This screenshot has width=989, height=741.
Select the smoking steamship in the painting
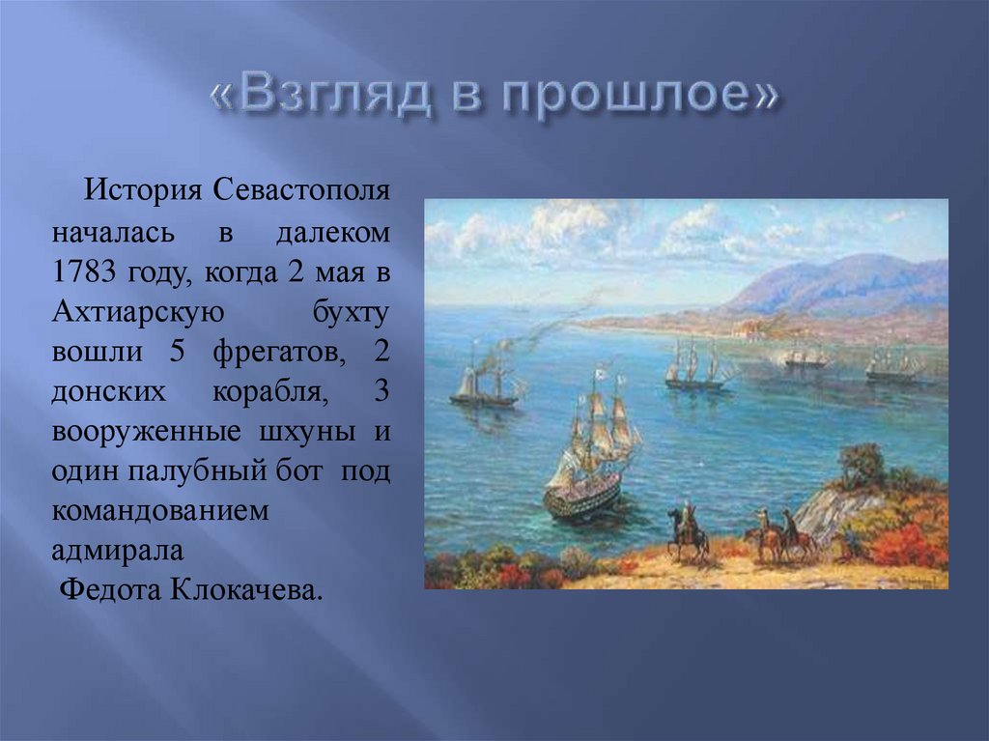tap(483, 385)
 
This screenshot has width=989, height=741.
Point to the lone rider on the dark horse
tap(687, 530)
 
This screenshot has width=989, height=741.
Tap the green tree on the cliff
tap(862, 466)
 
